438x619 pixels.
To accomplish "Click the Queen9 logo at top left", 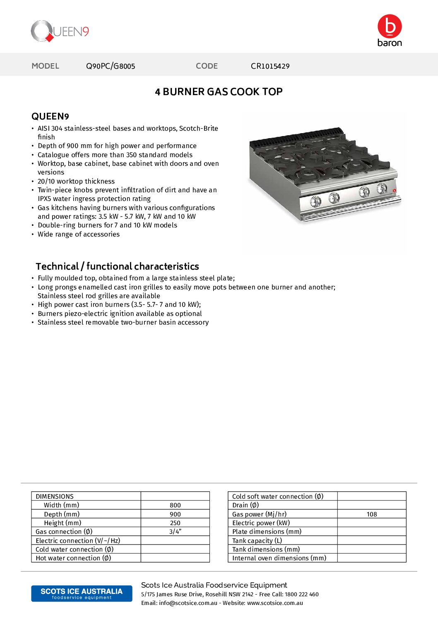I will pyautogui.click(x=60, y=31).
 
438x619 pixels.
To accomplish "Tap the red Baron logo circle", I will pyautogui.click(x=390, y=26).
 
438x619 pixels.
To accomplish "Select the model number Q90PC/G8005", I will pyautogui.click(x=111, y=66).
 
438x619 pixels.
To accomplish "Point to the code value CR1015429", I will pyautogui.click(x=270, y=66).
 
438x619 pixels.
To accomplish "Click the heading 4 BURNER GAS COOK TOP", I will pyautogui.click(x=219, y=92).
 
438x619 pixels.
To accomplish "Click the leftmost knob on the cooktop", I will pyautogui.click(x=315, y=201).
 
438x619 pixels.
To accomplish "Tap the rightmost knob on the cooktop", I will pyautogui.click(x=382, y=189).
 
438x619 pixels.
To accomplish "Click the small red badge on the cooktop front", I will pyautogui.click(x=394, y=191).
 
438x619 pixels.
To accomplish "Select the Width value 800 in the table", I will pyautogui.click(x=175, y=505).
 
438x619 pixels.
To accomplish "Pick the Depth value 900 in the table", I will pyautogui.click(x=175, y=514).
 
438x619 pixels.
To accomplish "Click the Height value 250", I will pyautogui.click(x=175, y=523).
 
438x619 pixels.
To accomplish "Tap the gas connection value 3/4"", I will pyautogui.click(x=175, y=532).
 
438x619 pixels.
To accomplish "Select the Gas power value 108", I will pyautogui.click(x=372, y=514).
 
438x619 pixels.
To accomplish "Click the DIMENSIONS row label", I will pyautogui.click(x=55, y=497).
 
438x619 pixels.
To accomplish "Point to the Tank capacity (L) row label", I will pyautogui.click(x=257, y=541).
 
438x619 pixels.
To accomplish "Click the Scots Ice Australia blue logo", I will pyautogui.click(x=82, y=593).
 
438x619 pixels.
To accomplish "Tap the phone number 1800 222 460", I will pyautogui.click(x=302, y=595).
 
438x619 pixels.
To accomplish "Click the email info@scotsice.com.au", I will pyautogui.click(x=188, y=603).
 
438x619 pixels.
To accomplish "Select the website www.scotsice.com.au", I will pyautogui.click(x=275, y=603).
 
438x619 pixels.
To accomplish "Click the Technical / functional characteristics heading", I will pyautogui.click(x=117, y=266).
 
